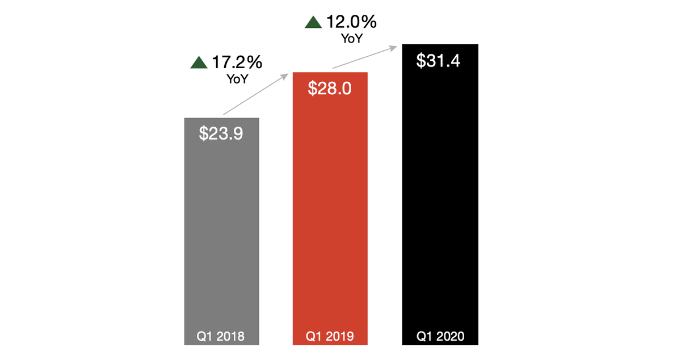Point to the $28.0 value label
pos(330,88)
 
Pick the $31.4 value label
pos(439,60)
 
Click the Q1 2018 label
pos(221,336)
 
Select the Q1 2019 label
pos(330,336)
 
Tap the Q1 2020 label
pos(440,336)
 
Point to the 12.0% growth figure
pos(351,22)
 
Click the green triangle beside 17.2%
pos(199,62)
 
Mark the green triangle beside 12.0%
pos(313,23)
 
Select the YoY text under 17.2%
pos(237,79)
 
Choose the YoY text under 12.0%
pos(352,39)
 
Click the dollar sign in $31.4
pos(421,60)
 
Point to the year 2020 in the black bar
pos(451,336)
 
